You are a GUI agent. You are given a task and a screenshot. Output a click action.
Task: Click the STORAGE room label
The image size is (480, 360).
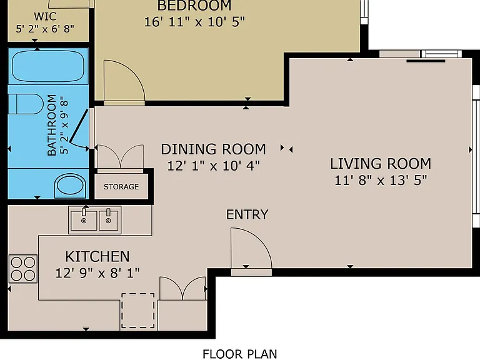(121, 187)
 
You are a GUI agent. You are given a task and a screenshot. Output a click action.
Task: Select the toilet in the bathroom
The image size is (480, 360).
(26, 104)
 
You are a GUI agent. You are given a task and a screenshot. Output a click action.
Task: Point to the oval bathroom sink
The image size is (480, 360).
(71, 186)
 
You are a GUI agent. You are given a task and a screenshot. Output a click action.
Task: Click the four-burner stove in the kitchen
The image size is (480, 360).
(23, 269)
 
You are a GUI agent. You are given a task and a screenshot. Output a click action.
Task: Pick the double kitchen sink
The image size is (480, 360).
(95, 220)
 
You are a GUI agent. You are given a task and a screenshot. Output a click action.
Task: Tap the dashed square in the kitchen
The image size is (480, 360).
(138, 311)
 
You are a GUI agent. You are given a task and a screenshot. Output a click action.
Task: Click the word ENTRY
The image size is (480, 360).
(247, 214)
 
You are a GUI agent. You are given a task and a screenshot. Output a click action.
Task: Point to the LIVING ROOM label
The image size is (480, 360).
(381, 164)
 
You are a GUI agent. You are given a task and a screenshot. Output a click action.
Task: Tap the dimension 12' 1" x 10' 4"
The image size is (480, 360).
(213, 166)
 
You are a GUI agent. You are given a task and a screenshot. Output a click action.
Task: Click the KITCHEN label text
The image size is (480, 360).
(97, 256)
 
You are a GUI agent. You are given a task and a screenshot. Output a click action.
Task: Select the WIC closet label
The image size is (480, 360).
(45, 16)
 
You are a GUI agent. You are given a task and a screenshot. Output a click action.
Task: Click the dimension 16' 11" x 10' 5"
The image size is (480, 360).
(194, 22)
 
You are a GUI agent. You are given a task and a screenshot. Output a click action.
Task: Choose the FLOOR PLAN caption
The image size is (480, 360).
(240, 354)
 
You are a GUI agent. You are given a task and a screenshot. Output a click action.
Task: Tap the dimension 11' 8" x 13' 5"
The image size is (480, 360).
(381, 180)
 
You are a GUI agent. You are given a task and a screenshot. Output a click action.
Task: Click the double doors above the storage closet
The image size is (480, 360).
(120, 157)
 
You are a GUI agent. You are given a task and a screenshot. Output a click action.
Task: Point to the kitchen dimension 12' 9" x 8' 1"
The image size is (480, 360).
(97, 272)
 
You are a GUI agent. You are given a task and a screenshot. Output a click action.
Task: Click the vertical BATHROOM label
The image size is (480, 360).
(52, 125)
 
